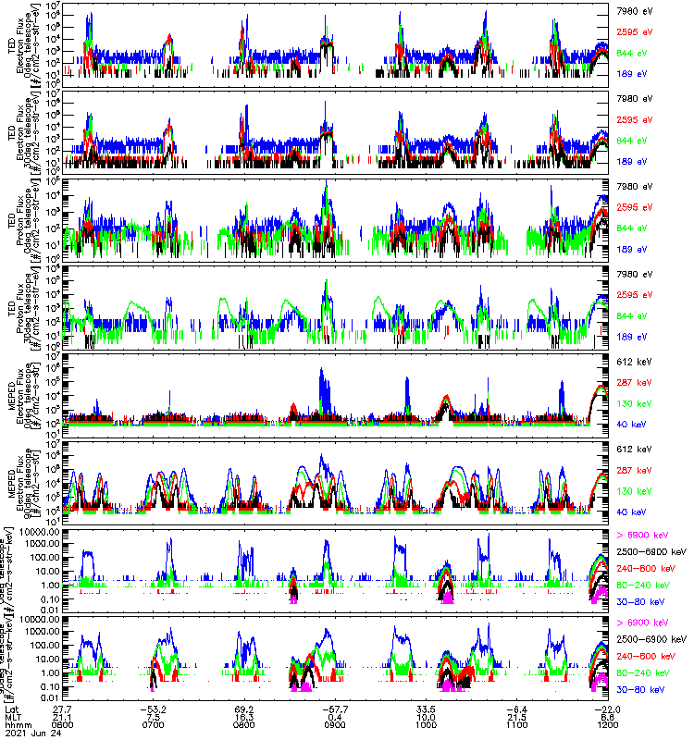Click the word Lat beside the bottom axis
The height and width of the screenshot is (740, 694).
coord(12,709)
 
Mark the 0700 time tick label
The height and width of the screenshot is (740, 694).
coord(155,726)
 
